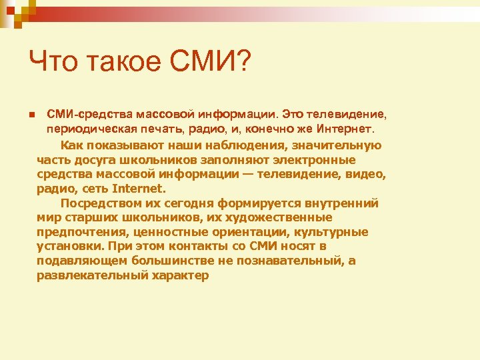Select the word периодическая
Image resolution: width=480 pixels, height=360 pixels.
tap(87, 127)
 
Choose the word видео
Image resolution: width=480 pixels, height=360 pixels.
tap(368, 174)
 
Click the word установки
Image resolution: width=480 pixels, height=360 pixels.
tap(69, 246)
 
